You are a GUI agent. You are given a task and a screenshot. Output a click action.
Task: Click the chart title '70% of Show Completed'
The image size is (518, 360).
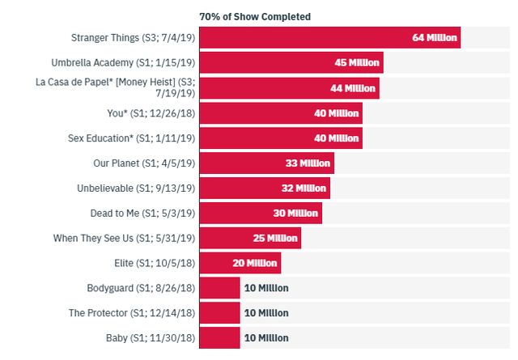(x=255, y=16)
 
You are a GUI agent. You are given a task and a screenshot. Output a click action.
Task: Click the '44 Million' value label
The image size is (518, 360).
(x=354, y=87)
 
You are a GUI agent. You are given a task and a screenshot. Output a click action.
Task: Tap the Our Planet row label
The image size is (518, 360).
(x=144, y=163)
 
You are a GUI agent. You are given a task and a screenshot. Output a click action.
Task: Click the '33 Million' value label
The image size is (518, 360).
(x=308, y=163)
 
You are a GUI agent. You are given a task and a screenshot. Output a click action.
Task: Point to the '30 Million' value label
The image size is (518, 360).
(x=296, y=213)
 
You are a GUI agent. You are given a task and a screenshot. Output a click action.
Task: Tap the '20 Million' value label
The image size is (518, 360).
(x=256, y=263)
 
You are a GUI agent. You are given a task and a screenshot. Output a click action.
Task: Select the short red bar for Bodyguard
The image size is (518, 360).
(x=219, y=288)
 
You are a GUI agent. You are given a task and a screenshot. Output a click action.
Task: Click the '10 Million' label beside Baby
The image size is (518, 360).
(x=266, y=337)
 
